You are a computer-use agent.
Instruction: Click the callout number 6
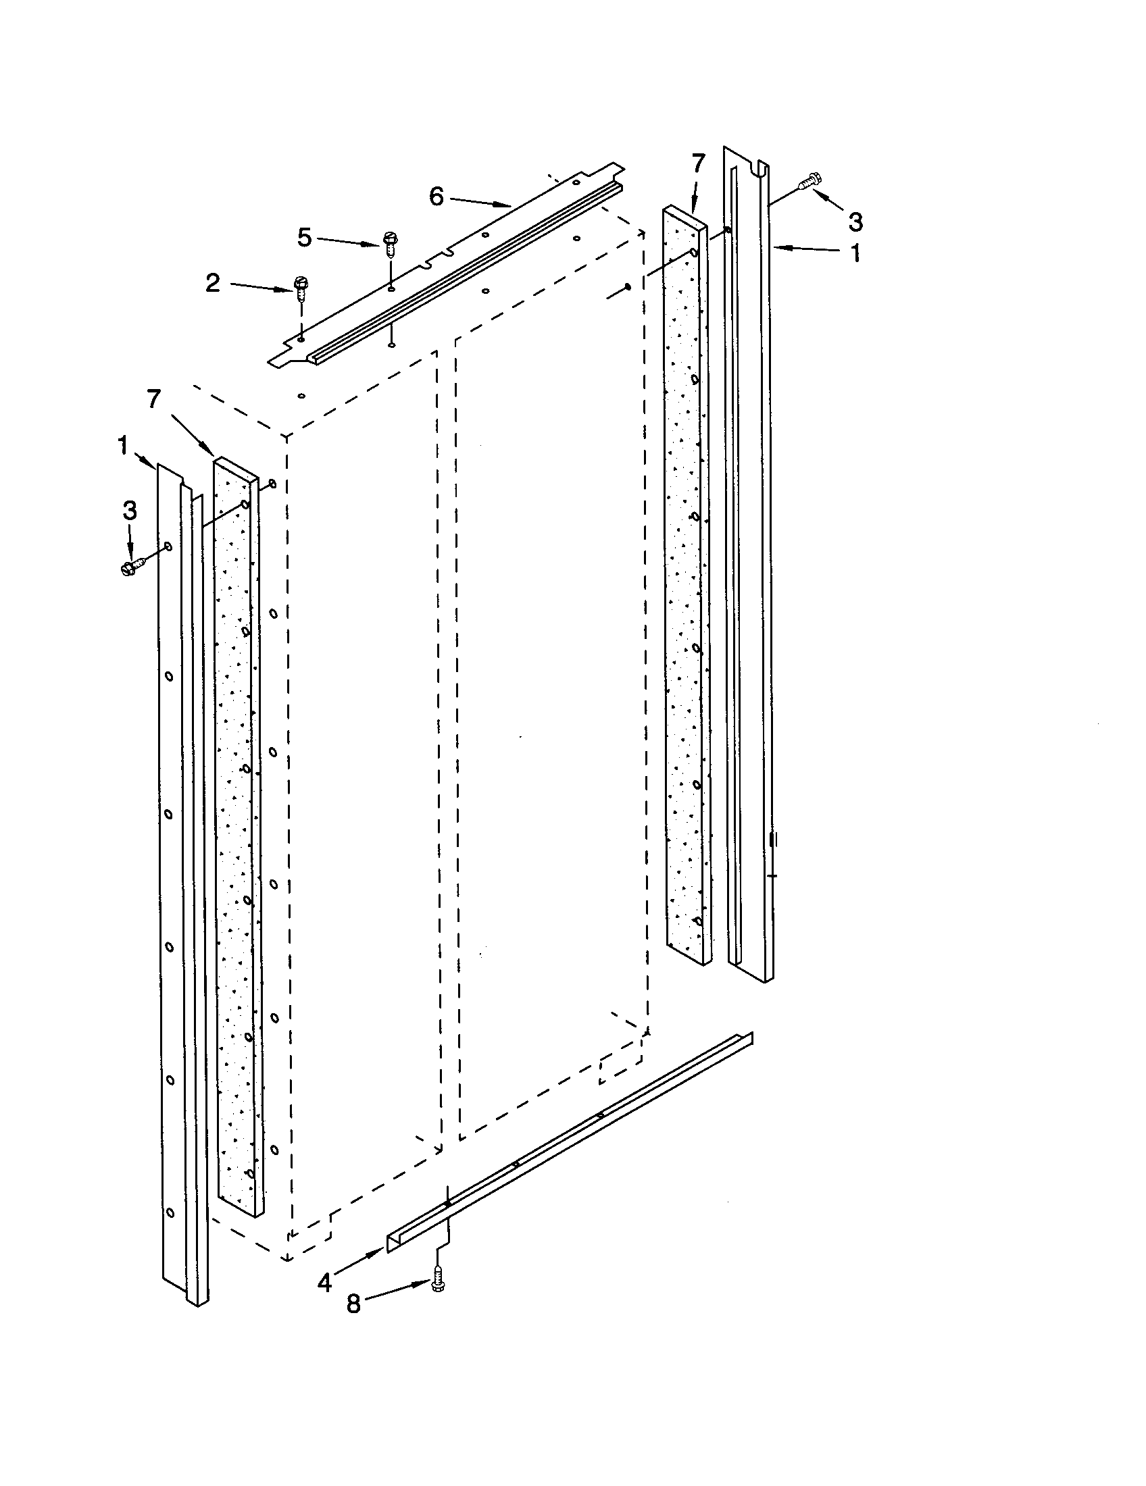[437, 197]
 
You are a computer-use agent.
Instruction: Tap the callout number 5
[304, 238]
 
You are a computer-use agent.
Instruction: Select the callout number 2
[213, 283]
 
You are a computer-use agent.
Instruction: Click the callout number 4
[324, 1283]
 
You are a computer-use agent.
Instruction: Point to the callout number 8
[353, 1304]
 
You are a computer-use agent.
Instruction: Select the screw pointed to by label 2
[300, 289]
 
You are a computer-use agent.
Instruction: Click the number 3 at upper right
[855, 222]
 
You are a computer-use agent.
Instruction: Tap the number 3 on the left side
[129, 510]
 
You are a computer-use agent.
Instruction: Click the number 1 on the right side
[855, 253]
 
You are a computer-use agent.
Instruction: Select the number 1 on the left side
[123, 446]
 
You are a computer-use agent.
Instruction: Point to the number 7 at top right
[698, 164]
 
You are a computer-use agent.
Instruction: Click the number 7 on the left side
[154, 399]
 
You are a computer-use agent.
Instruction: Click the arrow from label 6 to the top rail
[479, 201]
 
